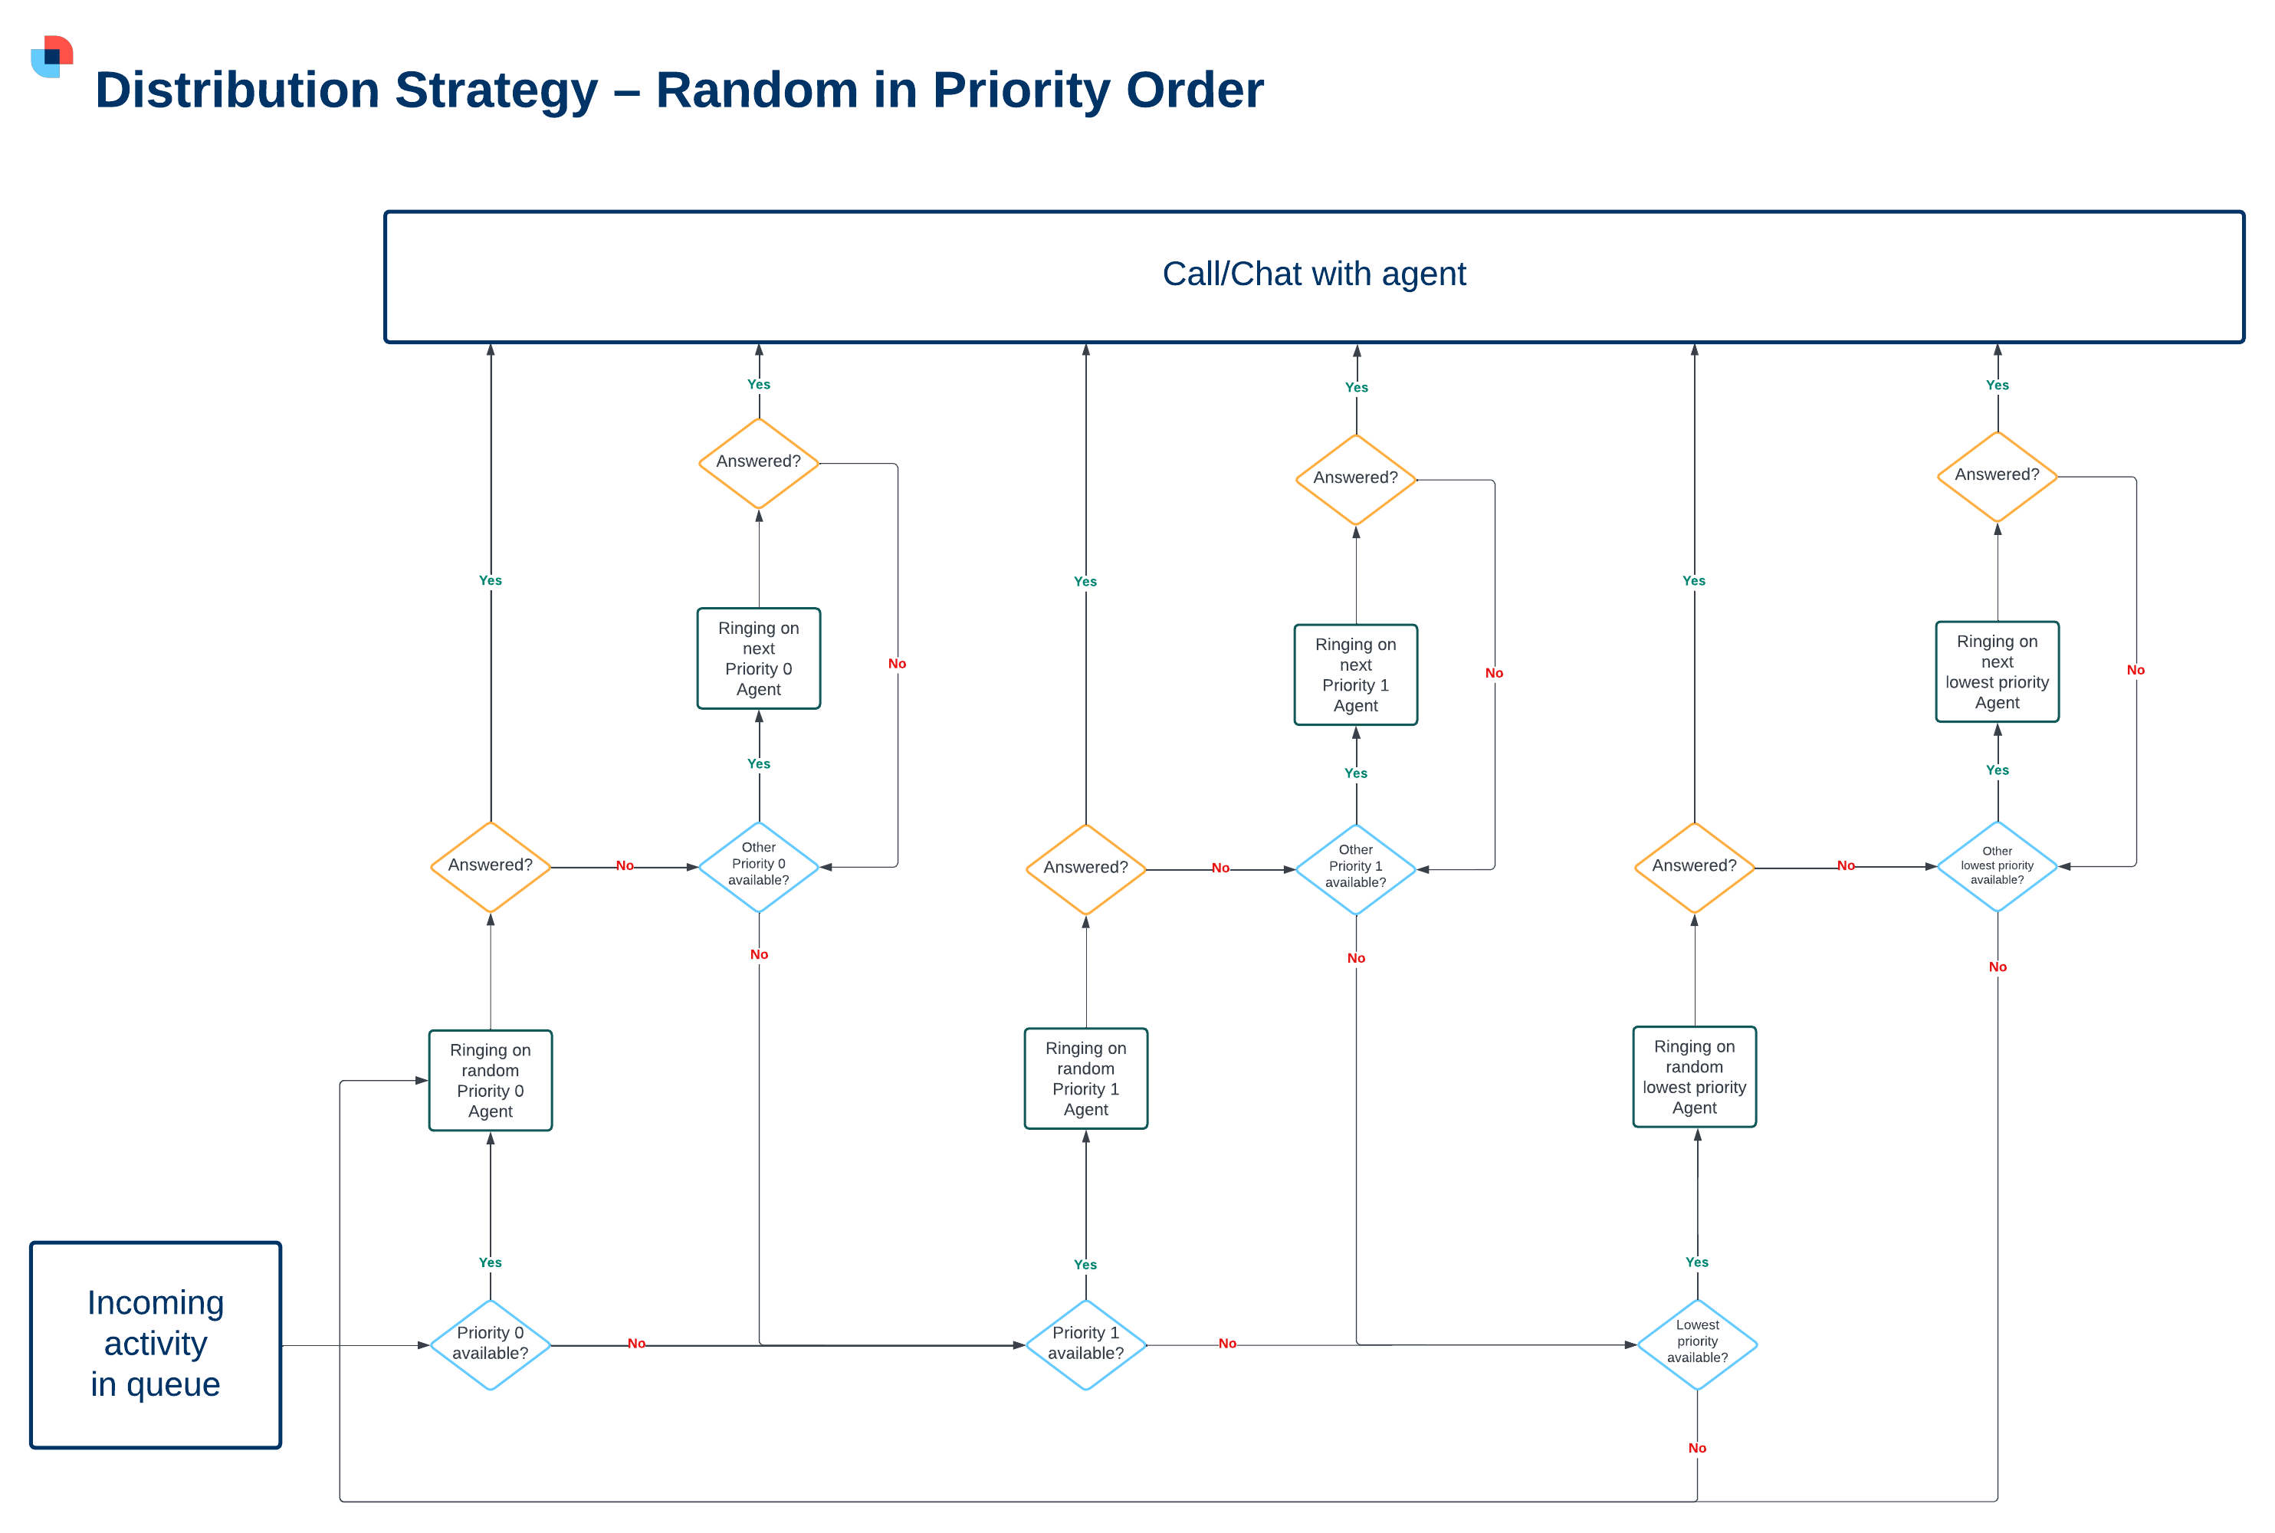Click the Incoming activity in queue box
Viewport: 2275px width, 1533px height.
pyautogui.click(x=156, y=1344)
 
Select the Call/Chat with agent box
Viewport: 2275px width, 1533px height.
pyautogui.click(x=1313, y=277)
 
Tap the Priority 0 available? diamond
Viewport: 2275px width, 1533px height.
pyautogui.click(x=490, y=1344)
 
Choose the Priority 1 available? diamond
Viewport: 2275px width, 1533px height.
pyautogui.click(x=1085, y=1344)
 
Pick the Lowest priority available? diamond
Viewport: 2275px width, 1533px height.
pyautogui.click(x=1696, y=1344)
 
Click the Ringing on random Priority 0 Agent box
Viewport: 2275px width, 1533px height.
pyautogui.click(x=490, y=1080)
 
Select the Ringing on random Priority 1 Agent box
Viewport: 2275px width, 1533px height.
pyautogui.click(x=1085, y=1078)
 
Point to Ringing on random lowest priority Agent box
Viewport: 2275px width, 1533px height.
pyautogui.click(x=1693, y=1076)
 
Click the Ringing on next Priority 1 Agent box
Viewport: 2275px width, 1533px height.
pyautogui.click(x=1355, y=675)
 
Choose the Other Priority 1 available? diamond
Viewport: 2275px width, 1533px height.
pyautogui.click(x=1355, y=868)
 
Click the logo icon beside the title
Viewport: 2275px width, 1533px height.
pyautogui.click(x=52, y=57)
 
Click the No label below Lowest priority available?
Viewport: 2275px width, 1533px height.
pyautogui.click(x=1696, y=1448)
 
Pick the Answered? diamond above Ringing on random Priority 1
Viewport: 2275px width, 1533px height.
pyautogui.click(x=1085, y=868)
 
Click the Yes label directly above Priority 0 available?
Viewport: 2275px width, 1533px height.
pyautogui.click(x=490, y=1262)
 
